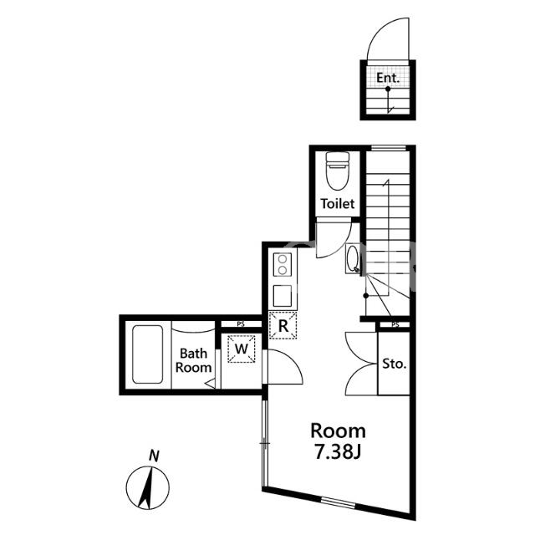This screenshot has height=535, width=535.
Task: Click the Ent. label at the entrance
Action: click(x=388, y=78)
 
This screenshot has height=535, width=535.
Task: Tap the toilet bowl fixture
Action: click(x=338, y=171)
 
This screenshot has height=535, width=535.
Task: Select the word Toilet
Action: click(x=338, y=204)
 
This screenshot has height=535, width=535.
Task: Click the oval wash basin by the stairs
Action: click(x=353, y=258)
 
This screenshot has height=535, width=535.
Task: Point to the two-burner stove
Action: click(x=283, y=265)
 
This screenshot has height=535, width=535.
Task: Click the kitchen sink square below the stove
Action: click(x=283, y=296)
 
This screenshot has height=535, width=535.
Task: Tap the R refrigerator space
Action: click(x=283, y=325)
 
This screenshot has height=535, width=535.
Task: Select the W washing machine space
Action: click(x=242, y=349)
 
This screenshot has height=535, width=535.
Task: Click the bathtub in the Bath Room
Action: click(x=147, y=354)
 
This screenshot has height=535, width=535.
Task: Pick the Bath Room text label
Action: click(x=193, y=360)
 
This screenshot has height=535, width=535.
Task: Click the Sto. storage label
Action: click(x=394, y=364)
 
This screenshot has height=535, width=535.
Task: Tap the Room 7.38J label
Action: click(x=338, y=441)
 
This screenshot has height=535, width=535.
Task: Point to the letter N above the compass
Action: click(x=154, y=456)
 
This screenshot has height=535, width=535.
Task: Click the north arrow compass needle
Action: click(x=147, y=488)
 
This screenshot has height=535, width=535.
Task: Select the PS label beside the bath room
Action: click(x=241, y=324)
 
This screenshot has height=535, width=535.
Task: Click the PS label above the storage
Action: click(x=395, y=324)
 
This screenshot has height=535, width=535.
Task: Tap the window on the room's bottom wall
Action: click(x=339, y=502)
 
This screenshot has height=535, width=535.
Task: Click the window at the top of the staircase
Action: click(x=388, y=148)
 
